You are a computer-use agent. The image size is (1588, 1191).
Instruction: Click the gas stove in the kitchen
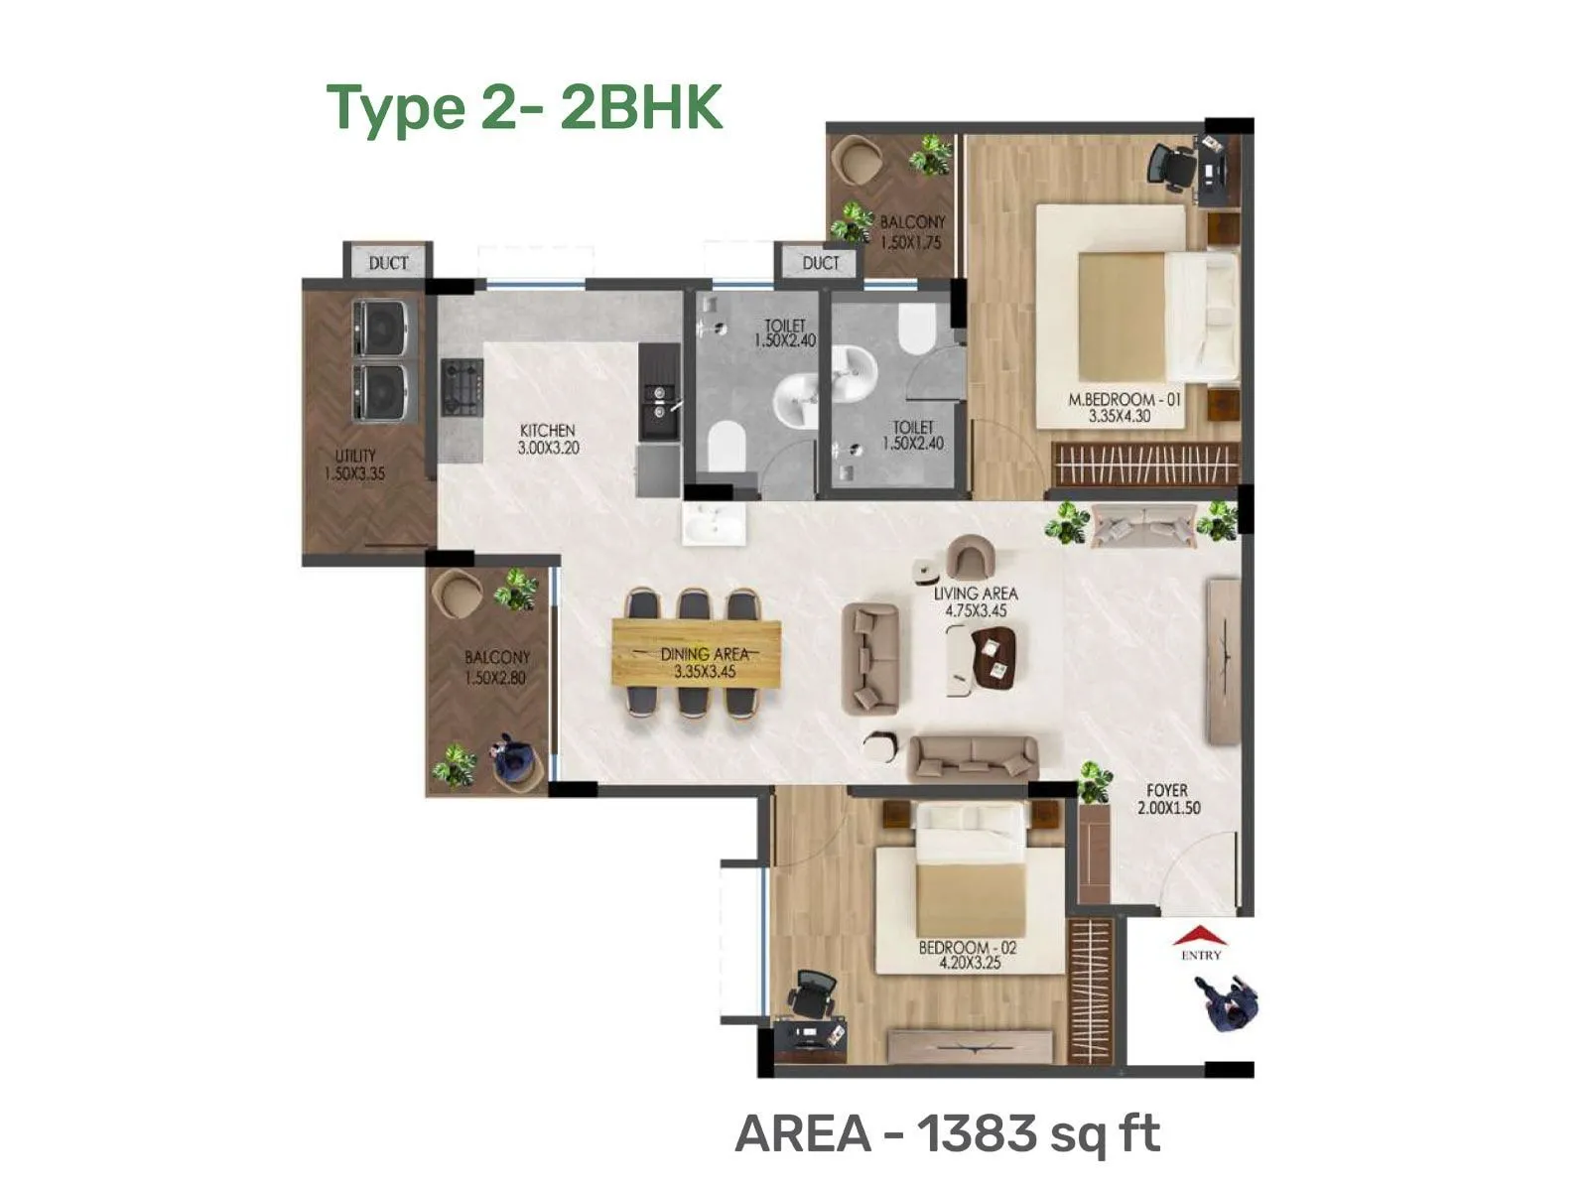point(463,388)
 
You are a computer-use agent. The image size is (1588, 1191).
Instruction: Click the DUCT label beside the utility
point(388,263)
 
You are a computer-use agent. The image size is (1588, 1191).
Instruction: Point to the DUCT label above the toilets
point(821,263)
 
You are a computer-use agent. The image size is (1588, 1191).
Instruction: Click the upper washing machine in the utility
point(379,327)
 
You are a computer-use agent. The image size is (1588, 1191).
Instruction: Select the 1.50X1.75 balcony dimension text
point(910,242)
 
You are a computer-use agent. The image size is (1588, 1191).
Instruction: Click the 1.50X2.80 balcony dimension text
point(495,678)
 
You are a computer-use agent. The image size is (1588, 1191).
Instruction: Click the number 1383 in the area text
point(974,1133)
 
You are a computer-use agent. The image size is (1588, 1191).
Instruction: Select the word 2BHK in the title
point(641,107)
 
